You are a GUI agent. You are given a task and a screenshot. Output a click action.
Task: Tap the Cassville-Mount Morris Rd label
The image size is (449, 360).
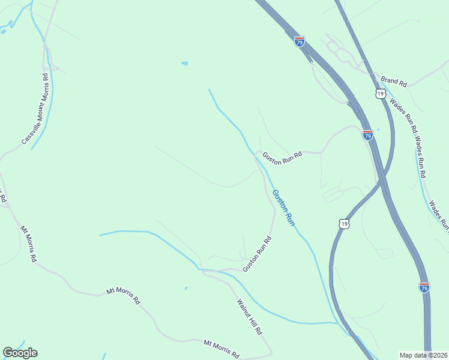(35, 109)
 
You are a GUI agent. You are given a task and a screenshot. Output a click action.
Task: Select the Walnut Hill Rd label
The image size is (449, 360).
(250, 317)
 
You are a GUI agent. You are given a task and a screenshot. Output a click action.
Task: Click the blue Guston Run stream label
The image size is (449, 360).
(283, 208)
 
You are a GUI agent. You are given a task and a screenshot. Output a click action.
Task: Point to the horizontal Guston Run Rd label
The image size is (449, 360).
(281, 154)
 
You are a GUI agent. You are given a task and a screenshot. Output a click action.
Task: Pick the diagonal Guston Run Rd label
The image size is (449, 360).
(258, 254)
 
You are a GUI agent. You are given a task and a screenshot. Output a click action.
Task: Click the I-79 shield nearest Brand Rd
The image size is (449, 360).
(300, 41)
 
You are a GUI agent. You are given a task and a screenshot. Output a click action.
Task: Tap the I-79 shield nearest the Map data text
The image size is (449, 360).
(424, 287)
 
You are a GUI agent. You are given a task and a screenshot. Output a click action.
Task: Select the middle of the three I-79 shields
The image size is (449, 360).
(368, 135)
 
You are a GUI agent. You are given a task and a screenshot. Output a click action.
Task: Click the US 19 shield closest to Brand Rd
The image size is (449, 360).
(379, 94)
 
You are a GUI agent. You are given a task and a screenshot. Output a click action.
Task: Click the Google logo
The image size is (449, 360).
(20, 353)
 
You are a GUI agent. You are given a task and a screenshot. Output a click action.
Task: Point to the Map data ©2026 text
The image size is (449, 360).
(423, 355)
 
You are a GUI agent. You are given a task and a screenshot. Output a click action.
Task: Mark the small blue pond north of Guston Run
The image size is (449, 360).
(184, 63)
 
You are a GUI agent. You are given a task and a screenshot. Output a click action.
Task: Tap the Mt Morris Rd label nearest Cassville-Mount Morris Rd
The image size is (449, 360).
(29, 244)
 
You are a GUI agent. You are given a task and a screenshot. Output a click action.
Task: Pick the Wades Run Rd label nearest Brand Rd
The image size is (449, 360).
(403, 114)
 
